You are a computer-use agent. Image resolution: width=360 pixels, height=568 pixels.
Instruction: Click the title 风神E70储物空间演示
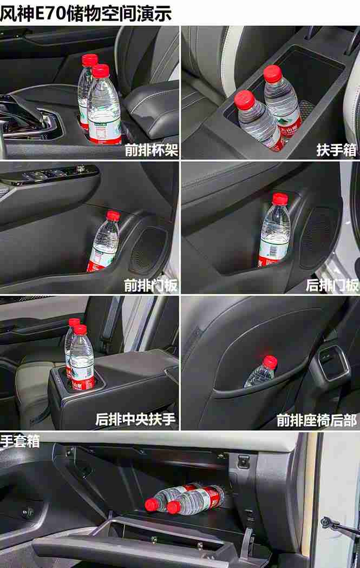(x=86, y=12)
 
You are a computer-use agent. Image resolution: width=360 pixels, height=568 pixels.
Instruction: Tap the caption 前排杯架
(x=151, y=149)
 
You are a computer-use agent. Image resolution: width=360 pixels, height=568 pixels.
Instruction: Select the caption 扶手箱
(x=336, y=149)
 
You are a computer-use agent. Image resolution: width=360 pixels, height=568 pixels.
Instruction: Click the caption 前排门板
(x=150, y=285)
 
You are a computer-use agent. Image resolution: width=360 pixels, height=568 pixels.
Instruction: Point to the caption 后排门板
(x=332, y=285)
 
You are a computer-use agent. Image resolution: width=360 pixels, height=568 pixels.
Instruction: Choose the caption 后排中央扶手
(x=135, y=419)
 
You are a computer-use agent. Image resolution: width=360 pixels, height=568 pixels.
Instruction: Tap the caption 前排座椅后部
(x=317, y=419)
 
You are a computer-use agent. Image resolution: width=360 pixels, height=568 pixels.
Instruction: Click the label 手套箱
(x=20, y=440)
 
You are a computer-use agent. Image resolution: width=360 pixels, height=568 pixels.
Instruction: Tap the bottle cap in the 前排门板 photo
(x=113, y=216)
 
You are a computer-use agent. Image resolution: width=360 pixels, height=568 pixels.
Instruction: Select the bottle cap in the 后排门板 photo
(x=279, y=199)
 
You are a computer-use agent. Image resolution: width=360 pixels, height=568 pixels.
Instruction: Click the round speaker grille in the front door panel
(x=148, y=250)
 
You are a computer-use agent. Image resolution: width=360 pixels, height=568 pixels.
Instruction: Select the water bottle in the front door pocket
(x=104, y=243)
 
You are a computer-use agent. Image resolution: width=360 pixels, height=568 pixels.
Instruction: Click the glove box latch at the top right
(x=244, y=461)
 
